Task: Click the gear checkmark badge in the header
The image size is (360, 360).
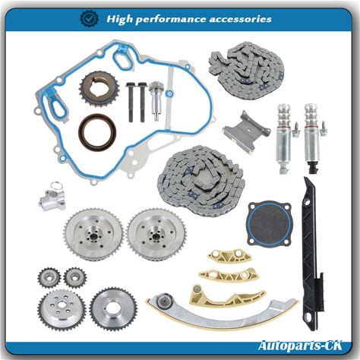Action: click(90, 18)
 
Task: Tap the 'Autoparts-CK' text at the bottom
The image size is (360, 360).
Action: click(300, 346)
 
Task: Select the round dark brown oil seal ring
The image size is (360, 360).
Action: click(97, 132)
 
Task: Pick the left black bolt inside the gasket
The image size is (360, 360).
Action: click(131, 102)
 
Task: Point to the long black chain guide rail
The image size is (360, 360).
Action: click(312, 253)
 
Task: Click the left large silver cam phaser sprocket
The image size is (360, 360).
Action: click(93, 235)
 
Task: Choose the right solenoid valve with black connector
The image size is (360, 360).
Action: click(314, 138)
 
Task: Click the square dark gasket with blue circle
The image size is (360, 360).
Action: click(269, 223)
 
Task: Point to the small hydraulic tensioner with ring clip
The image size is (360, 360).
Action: click(52, 197)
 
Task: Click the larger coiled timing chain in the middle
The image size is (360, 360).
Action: click(201, 181)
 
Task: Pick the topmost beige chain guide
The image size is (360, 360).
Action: click(229, 256)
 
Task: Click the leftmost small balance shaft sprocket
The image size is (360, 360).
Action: click(49, 277)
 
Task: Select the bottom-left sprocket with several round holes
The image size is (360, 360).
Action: click(62, 310)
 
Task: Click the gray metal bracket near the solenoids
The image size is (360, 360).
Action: click(246, 131)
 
